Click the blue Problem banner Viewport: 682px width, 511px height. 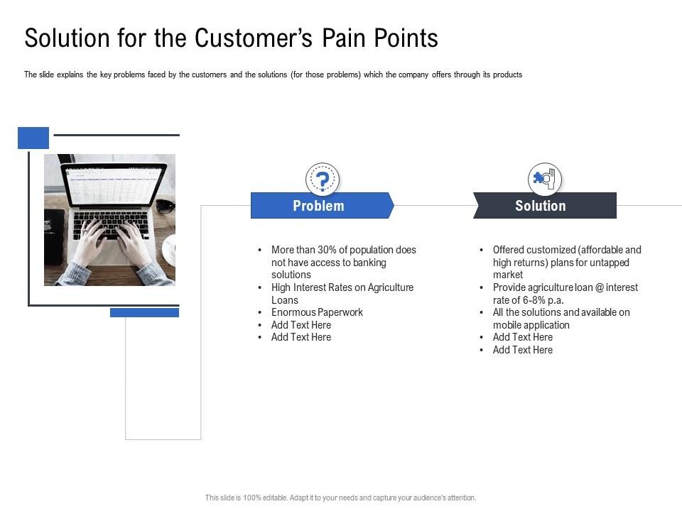point(319,206)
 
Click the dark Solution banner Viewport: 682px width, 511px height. point(541,206)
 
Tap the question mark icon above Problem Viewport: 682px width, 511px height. point(323,179)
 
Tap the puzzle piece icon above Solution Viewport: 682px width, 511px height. point(544,179)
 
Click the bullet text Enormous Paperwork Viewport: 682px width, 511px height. point(317,312)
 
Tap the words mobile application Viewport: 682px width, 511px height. point(531,325)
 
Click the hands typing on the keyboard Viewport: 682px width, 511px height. point(114,241)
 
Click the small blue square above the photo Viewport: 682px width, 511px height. point(33,138)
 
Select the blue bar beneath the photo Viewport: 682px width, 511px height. point(144,312)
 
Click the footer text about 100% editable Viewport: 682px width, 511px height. point(340,498)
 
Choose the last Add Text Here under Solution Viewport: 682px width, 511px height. point(522,350)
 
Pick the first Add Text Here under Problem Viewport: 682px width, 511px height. point(301,325)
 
